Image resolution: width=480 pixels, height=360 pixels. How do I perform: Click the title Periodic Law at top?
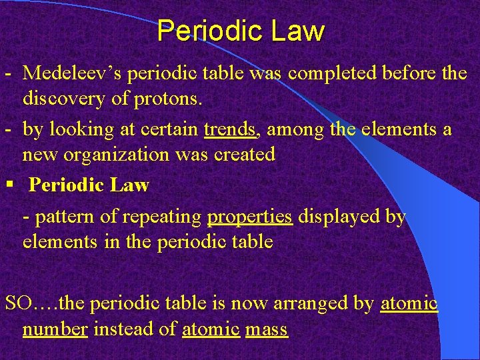tap(241, 31)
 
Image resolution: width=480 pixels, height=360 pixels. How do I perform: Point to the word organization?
tap(104, 154)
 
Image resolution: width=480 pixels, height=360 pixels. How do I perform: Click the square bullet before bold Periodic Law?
tap(8, 184)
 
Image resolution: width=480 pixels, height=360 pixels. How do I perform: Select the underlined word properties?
tap(250, 217)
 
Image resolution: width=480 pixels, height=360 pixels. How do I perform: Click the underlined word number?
tap(55, 329)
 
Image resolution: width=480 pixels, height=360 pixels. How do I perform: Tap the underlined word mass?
tap(266, 329)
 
